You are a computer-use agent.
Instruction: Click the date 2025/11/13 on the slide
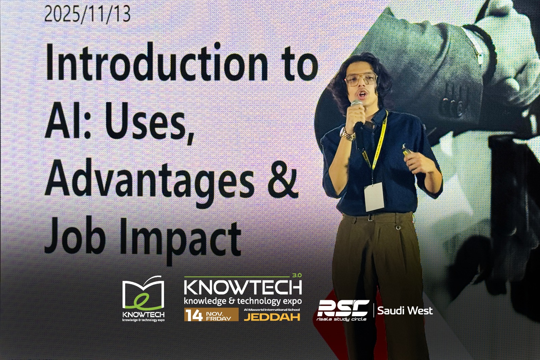pos(87,15)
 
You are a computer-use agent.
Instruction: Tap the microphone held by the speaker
pos(357,113)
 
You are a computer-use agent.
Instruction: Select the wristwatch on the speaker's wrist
pos(347,135)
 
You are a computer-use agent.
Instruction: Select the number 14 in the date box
pos(194,315)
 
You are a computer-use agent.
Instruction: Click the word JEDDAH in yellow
pos(272,317)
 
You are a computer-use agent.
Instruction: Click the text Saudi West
pos(405,310)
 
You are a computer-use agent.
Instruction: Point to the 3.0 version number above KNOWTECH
pos(297,275)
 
